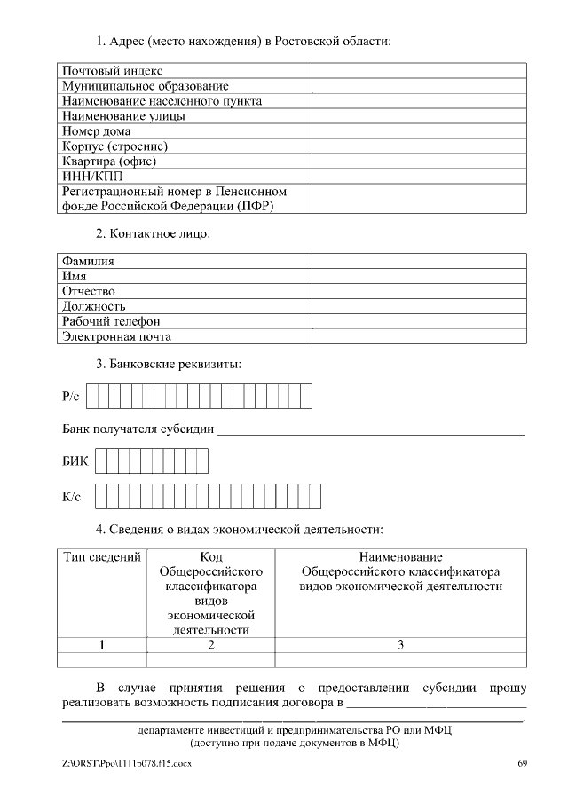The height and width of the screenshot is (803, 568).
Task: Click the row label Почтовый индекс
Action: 112,70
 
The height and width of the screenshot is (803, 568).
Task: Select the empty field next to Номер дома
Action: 418,130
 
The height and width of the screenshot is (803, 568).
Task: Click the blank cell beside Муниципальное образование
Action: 418,85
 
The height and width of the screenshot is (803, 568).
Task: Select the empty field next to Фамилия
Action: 418,261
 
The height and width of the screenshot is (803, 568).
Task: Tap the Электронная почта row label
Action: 116,336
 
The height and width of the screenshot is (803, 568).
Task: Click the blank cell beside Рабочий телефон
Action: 418,321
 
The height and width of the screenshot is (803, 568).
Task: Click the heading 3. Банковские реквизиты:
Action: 168,364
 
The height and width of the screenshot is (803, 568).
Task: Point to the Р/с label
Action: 71,397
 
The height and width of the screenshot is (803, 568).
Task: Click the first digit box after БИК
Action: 102,461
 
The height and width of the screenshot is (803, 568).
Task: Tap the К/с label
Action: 72,497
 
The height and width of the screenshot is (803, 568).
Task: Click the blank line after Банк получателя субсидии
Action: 370,432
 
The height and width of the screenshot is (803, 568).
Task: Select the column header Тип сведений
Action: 102,558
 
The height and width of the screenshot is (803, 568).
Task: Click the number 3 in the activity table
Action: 400,645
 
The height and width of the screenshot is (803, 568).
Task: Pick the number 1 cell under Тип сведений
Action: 102,645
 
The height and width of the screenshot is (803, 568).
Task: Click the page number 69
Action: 523,763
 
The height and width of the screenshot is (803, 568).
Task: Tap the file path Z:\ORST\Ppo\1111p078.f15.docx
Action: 126,763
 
